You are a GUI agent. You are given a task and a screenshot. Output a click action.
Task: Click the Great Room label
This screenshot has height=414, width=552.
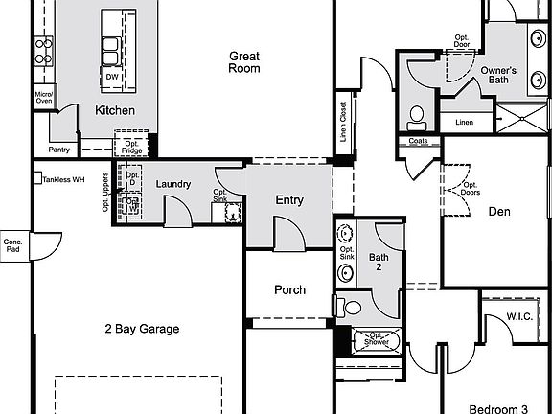(x=244, y=62)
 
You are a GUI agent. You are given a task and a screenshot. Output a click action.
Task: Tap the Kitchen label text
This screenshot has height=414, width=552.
(x=114, y=110)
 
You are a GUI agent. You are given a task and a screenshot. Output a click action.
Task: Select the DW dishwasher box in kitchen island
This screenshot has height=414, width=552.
(x=112, y=77)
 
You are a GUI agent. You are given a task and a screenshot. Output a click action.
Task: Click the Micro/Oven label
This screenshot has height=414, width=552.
(x=43, y=98)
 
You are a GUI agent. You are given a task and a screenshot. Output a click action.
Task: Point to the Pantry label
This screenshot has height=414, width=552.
(x=58, y=149)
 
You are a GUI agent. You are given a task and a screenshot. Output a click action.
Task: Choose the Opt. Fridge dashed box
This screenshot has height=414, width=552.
(x=131, y=145)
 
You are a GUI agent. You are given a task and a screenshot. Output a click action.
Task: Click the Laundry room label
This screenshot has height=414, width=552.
(x=172, y=184)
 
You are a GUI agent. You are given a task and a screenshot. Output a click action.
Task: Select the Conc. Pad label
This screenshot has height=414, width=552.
(x=12, y=245)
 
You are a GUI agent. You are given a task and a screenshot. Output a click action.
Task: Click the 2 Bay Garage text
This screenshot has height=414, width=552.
(x=142, y=329)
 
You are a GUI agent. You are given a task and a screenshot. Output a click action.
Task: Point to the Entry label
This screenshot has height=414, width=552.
(x=289, y=200)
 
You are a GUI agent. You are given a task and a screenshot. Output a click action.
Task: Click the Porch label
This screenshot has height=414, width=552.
(x=289, y=289)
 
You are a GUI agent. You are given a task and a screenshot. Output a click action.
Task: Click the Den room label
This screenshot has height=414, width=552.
(x=498, y=212)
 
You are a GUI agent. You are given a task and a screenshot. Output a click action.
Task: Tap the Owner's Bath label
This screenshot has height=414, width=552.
(x=498, y=76)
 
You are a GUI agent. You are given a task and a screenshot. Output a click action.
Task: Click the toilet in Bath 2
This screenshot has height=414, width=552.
(x=351, y=309)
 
